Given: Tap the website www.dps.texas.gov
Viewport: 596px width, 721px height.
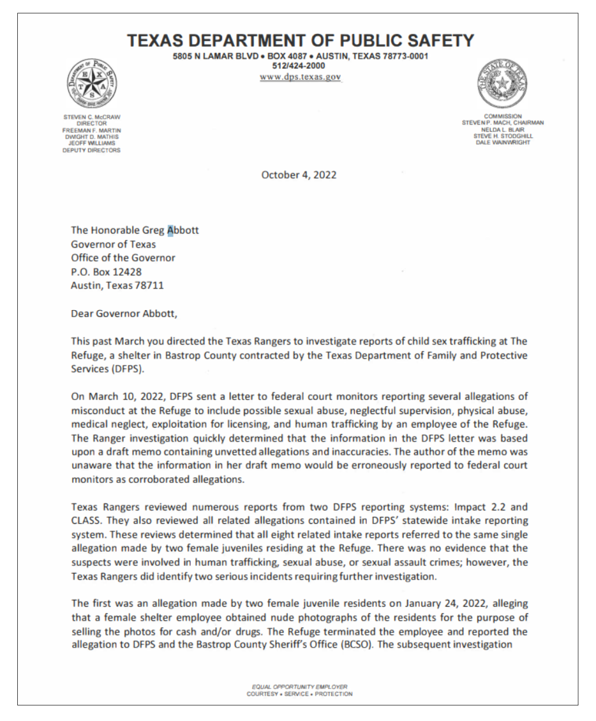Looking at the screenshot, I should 300,77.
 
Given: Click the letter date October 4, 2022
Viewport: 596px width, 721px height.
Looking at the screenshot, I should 299,175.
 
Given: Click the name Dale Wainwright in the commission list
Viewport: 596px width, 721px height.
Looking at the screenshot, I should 503,142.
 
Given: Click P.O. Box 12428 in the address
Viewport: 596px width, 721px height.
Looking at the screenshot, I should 106,272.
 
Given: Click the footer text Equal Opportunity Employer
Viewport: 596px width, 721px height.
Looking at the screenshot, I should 299,687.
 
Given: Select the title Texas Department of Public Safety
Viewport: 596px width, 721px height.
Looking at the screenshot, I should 300,41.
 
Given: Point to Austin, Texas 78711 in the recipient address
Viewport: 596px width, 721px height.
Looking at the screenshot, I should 117,286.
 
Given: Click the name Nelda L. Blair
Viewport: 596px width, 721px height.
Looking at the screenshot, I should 503,130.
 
